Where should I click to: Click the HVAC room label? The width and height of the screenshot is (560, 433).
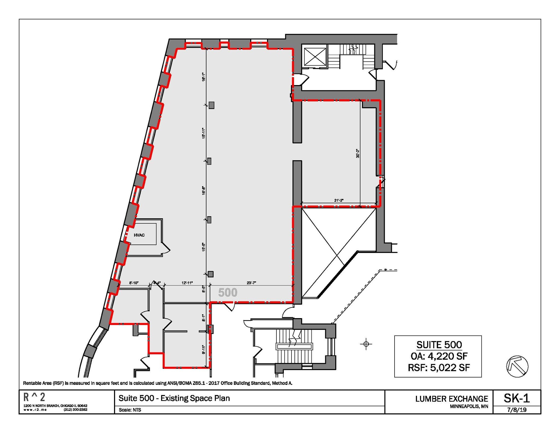[139, 235]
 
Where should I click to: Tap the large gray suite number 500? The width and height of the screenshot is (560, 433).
[228, 293]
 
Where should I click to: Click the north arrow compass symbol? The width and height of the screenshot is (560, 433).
[517, 366]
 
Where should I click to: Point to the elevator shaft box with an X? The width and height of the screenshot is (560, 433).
[315, 57]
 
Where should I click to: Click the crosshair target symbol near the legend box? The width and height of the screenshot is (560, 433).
[366, 344]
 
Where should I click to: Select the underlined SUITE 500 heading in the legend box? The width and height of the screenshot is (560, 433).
[439, 345]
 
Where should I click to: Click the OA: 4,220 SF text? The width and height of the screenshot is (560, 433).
[439, 356]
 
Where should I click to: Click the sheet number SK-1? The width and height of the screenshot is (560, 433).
[517, 398]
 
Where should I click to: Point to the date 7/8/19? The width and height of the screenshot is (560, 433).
[517, 410]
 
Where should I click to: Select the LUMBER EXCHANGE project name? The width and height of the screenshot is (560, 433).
[452, 399]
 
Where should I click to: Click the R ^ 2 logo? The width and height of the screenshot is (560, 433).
[34, 397]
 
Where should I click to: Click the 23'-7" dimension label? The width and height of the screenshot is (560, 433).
[251, 283]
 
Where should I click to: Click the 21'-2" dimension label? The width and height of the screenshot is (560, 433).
[339, 200]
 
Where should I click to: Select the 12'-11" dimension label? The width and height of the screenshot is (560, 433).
[187, 283]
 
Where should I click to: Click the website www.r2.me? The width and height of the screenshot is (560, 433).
[35, 410]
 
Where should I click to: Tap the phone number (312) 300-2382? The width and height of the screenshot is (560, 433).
[75, 410]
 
